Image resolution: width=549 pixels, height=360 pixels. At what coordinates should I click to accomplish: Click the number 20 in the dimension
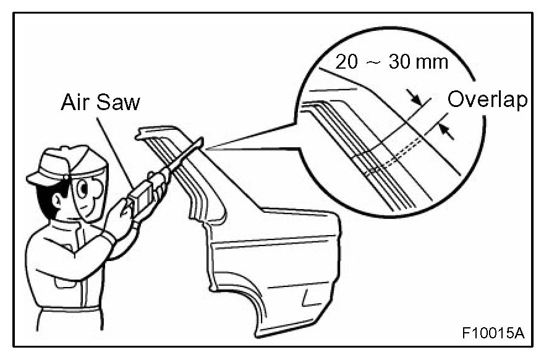pos(348,62)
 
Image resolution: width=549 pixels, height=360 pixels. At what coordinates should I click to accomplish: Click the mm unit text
pos(433,63)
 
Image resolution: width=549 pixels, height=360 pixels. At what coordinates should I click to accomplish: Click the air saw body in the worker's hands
pos(142,192)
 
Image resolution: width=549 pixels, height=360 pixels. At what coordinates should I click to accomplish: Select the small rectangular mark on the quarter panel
pos(307,299)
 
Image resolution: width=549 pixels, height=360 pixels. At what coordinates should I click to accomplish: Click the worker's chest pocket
pos(62,281)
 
